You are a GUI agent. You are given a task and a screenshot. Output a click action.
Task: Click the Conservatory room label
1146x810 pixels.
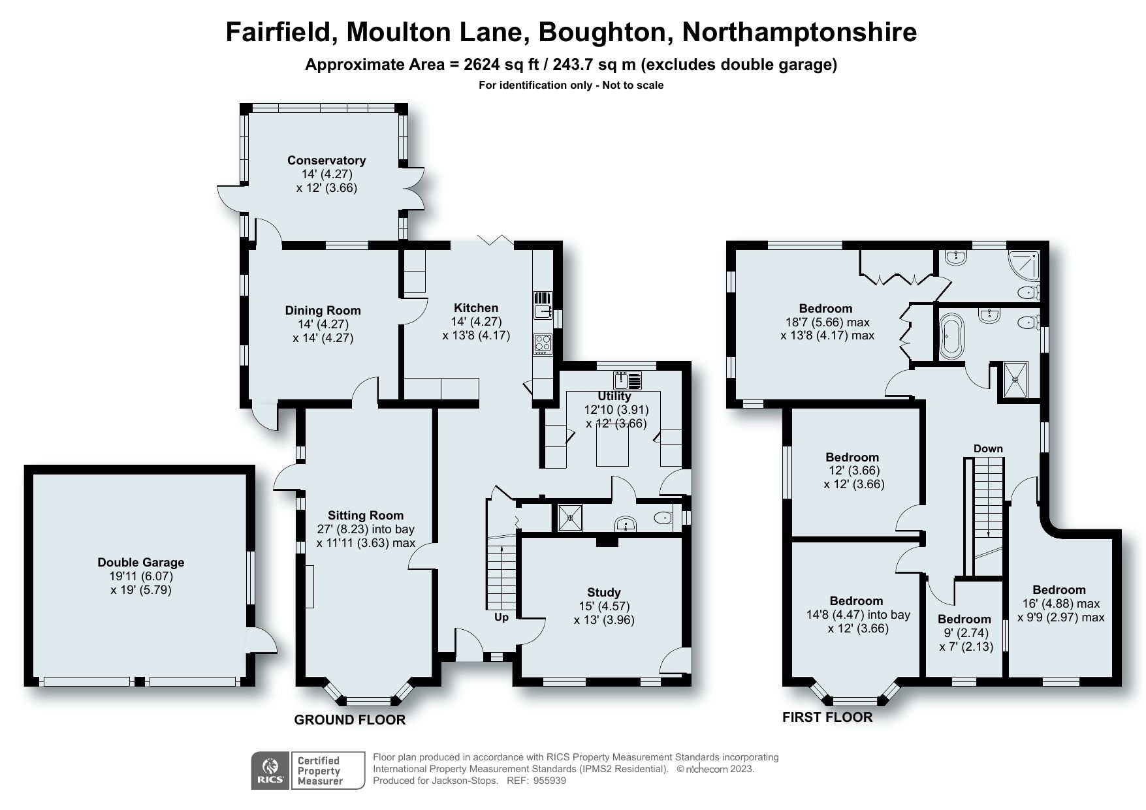pyautogui.click(x=326, y=161)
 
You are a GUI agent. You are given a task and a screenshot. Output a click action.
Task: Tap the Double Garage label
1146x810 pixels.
pyautogui.click(x=141, y=563)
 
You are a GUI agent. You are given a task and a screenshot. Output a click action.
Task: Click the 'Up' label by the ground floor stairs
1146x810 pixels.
pyautogui.click(x=501, y=617)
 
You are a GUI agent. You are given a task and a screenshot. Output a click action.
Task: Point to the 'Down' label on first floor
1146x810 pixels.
pyautogui.click(x=988, y=448)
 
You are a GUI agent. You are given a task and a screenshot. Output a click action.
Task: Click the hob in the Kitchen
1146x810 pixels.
pyautogui.click(x=543, y=343)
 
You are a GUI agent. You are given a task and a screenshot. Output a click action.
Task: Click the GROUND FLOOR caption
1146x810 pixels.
pyautogui.click(x=349, y=720)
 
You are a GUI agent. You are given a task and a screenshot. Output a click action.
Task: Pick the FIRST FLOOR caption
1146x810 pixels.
pyautogui.click(x=827, y=717)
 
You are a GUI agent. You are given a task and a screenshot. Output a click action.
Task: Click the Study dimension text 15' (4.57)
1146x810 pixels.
pyautogui.click(x=604, y=606)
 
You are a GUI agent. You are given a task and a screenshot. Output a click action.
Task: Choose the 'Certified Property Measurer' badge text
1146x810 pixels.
pyautogui.click(x=320, y=771)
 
